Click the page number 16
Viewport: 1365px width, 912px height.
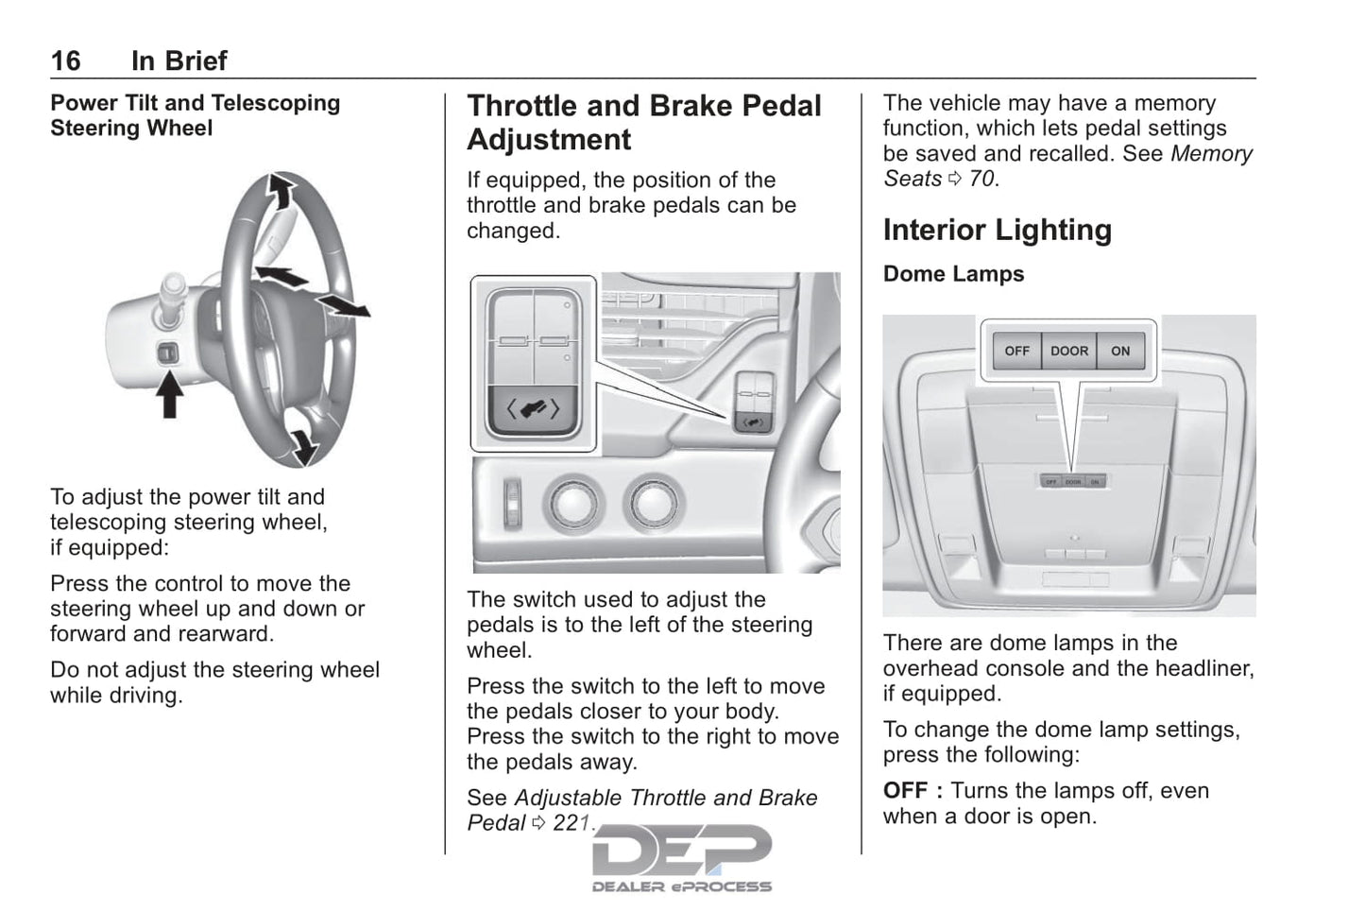65,61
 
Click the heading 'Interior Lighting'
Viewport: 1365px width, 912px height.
997,231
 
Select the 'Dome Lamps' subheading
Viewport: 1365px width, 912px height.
953,274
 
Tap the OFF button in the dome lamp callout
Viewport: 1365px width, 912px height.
1016,351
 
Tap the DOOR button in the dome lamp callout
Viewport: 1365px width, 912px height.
1069,351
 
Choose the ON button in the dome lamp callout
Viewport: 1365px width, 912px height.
1120,351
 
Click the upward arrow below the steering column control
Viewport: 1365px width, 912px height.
169,395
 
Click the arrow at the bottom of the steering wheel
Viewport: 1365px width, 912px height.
301,443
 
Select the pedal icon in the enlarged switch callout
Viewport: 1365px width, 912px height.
534,409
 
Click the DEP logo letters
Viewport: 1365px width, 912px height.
681,850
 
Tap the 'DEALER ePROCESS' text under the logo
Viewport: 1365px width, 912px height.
681,886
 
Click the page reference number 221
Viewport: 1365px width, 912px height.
572,823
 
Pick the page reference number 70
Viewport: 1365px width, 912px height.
981,179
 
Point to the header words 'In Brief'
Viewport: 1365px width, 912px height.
179,61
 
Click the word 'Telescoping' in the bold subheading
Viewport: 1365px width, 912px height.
282,103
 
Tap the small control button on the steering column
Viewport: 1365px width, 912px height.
168,353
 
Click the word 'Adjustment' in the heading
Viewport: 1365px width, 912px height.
549,140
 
